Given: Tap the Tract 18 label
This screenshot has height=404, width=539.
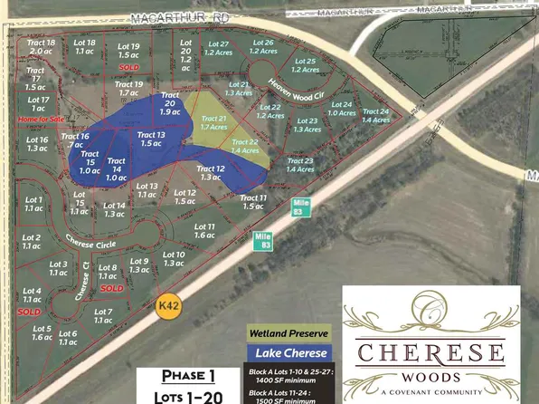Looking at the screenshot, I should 43,47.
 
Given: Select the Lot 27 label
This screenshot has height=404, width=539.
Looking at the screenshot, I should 219,48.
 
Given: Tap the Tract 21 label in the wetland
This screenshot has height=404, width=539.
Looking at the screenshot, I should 214,123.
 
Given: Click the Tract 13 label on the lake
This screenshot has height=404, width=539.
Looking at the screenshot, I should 151,139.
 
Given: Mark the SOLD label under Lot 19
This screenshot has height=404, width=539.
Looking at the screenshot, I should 129,67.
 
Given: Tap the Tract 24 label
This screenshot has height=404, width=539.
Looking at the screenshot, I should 375,115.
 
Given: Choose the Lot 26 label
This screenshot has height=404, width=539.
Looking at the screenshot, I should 262,47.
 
